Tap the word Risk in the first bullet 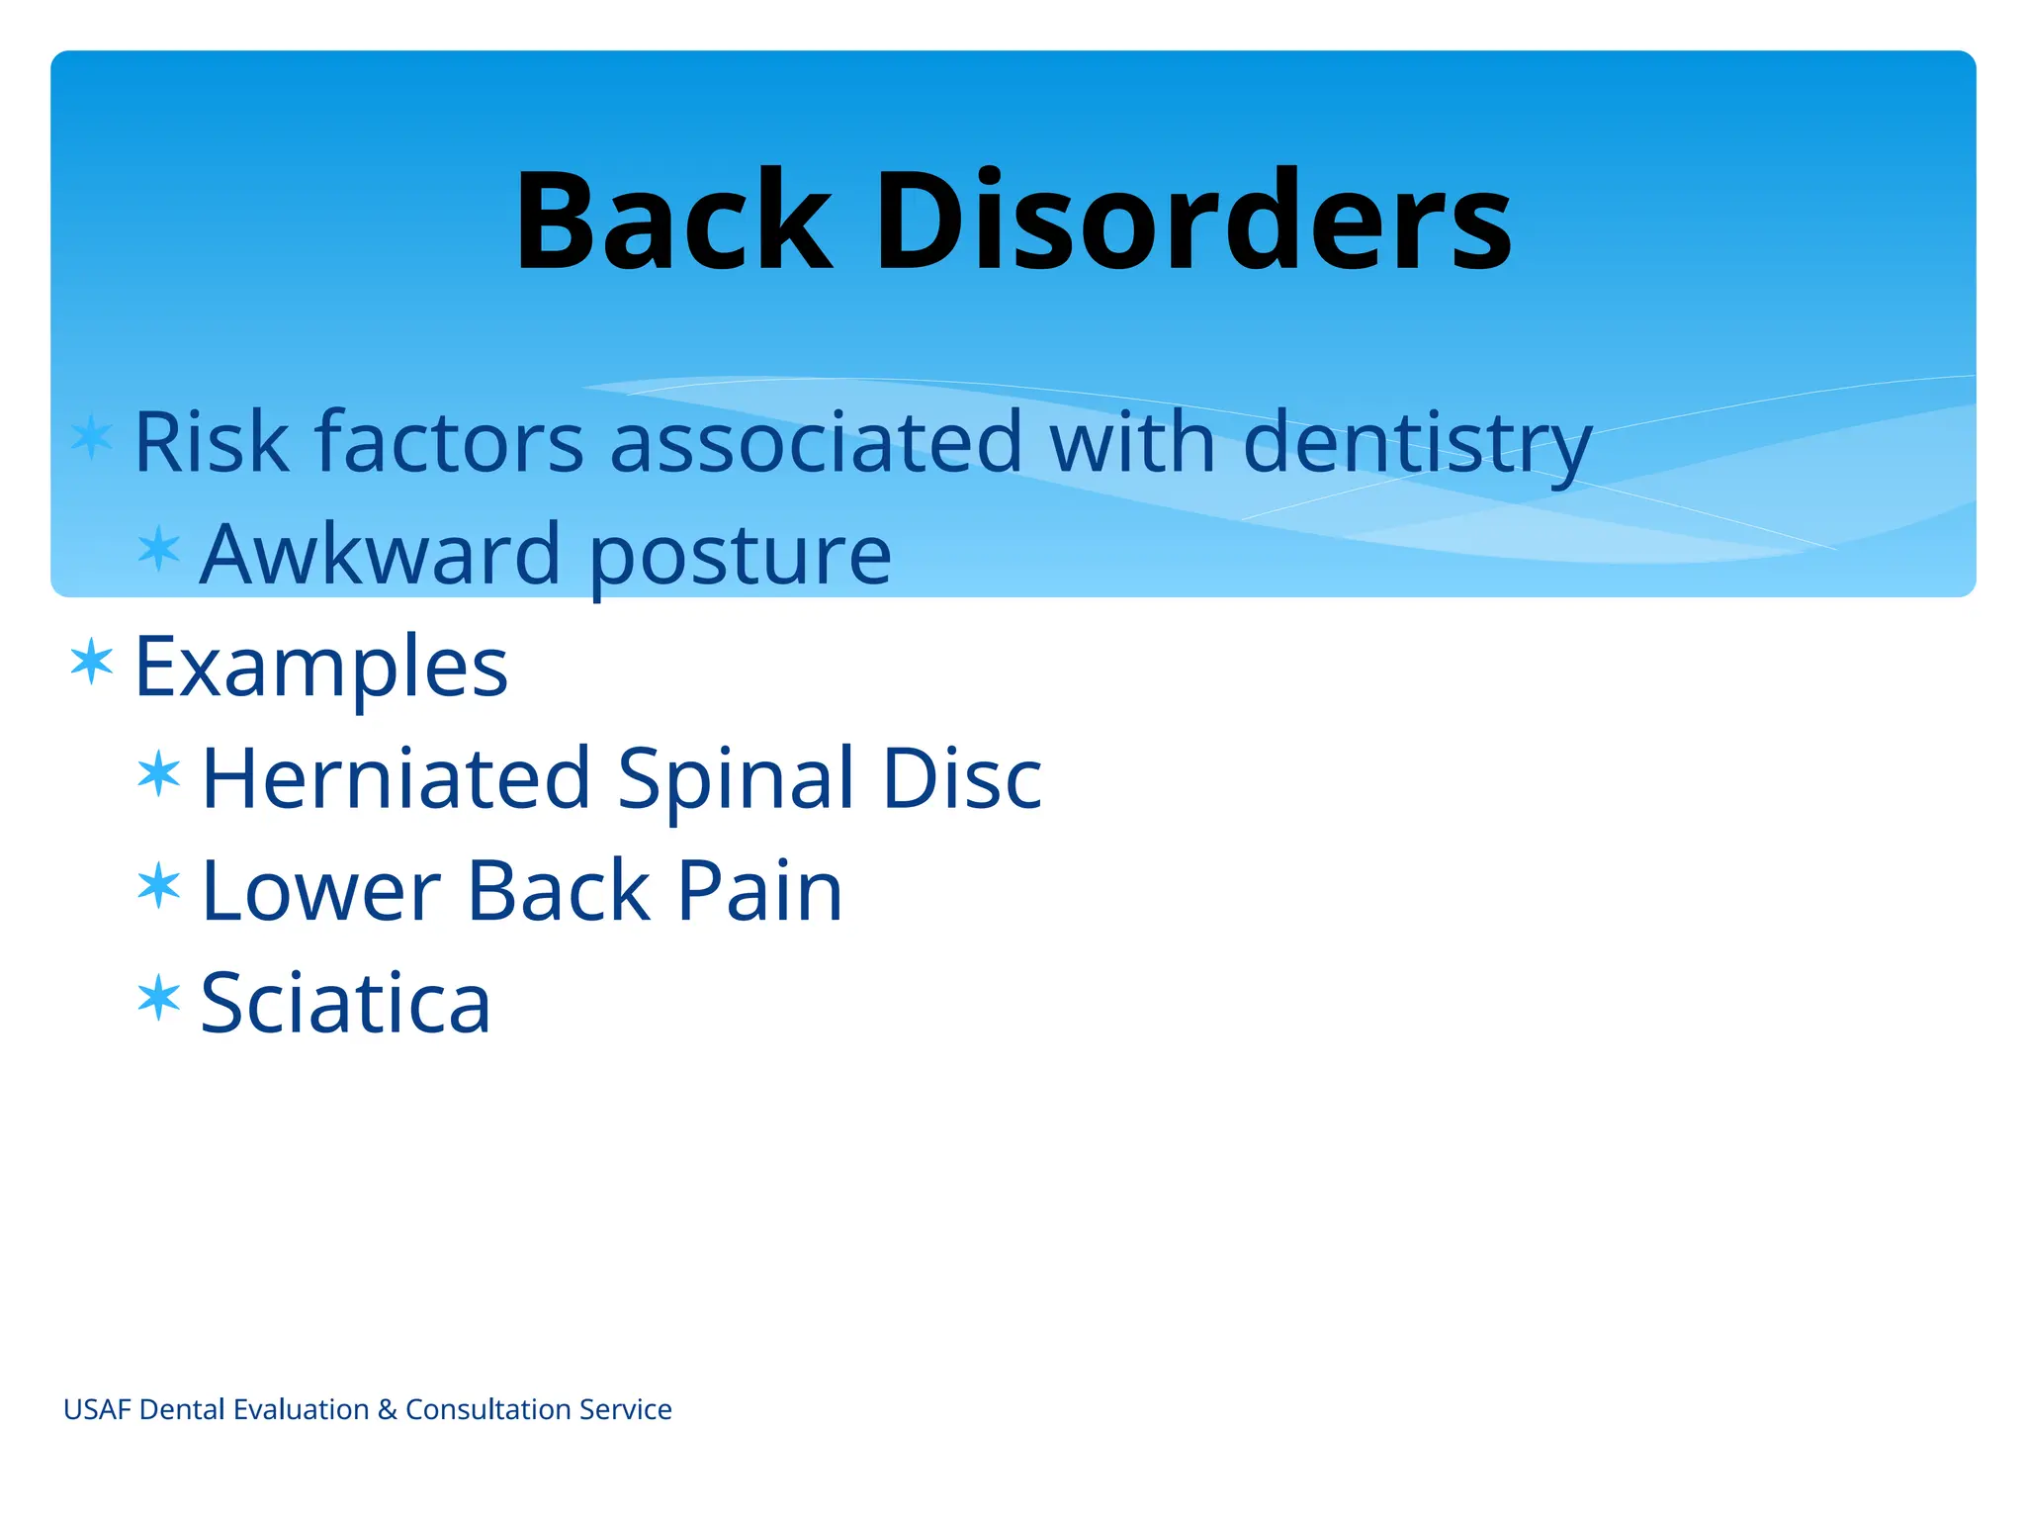[211, 441]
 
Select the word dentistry [1416, 443]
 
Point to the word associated [816, 441]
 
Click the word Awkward [381, 554]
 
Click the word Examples [320, 668]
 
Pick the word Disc [961, 778]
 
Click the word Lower [320, 891]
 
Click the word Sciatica [345, 1003]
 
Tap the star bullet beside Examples [92, 662]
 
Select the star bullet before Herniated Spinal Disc [159, 773]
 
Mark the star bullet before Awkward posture [159, 549]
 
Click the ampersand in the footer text [387, 1409]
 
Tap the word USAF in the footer [97, 1409]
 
